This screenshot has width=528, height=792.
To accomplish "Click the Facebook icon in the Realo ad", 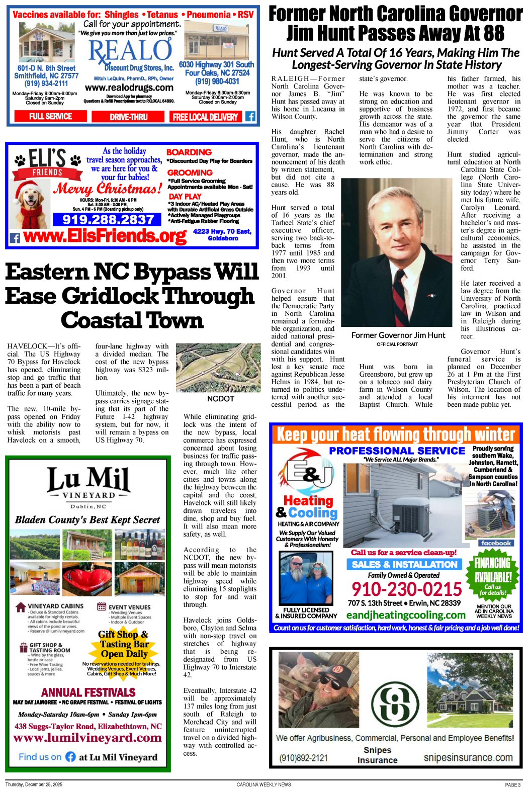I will (250, 117).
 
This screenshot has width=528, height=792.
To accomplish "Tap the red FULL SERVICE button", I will (50, 117).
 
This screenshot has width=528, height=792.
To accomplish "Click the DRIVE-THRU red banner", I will (129, 117).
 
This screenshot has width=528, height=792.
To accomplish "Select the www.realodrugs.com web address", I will (129, 87).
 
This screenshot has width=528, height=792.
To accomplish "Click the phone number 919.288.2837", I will (108, 220).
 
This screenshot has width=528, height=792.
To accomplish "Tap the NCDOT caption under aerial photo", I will (220, 398).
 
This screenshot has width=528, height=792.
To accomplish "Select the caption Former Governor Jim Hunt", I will (398, 335).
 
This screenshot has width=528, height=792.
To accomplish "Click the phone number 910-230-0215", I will (406, 589).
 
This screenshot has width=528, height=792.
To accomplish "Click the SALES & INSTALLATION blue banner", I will (404, 564).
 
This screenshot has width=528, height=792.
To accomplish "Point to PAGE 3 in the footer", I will (513, 784).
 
